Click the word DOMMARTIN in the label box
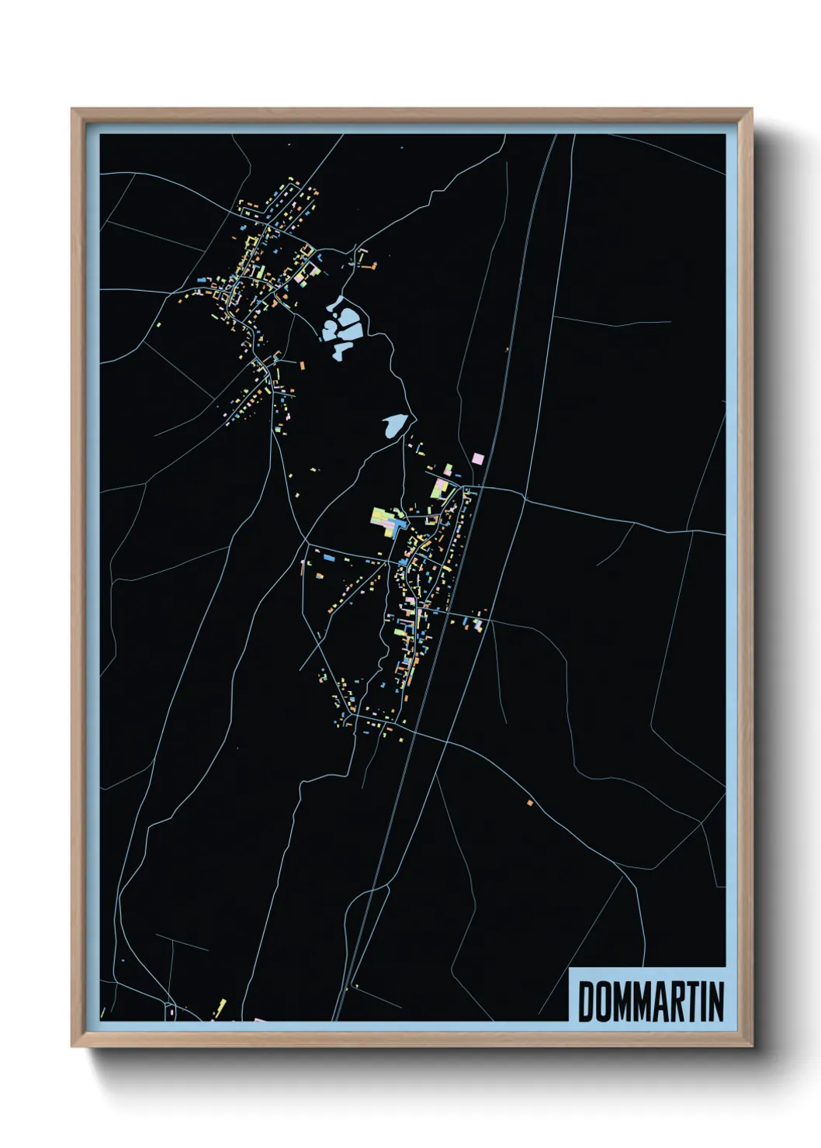650,1001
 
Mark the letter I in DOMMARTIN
698,1001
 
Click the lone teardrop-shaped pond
394,424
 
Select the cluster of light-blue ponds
342,328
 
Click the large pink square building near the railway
478,458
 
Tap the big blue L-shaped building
395,527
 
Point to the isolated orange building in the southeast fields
531,802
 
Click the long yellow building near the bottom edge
221,1007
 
